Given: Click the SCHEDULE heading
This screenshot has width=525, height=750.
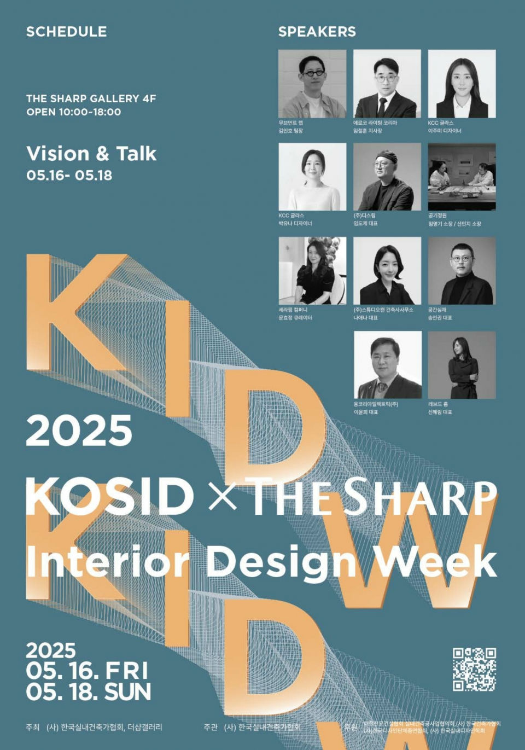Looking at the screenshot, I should [66, 32].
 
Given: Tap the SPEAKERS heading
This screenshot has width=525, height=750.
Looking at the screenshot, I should [317, 32].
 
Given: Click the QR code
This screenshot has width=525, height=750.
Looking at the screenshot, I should [474, 669].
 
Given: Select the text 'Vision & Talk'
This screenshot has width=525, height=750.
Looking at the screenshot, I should [91, 154].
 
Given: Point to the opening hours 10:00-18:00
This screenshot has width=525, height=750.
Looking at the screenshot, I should [89, 112].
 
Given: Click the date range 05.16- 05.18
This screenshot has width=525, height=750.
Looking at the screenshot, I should [69, 175].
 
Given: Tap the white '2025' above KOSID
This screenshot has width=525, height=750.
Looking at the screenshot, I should [79, 431].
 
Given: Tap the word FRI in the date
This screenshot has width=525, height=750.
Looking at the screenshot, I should [126, 671].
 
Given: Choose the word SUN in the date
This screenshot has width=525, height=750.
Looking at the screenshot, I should [127, 692].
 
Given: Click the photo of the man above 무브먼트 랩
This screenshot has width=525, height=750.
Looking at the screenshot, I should [312, 84].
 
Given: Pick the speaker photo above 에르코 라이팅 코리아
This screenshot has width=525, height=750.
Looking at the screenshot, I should [387, 84].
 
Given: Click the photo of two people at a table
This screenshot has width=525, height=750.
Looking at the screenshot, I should [462, 177].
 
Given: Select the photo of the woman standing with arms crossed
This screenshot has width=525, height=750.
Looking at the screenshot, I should [462, 364].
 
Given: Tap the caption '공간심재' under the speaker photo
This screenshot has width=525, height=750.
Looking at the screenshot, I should [437, 310].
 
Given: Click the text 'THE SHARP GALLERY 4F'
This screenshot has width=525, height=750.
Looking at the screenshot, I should [91, 98].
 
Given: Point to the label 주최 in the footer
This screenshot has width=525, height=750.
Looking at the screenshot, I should [32, 727].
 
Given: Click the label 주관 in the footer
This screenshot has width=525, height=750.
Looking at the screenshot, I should [210, 727].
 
